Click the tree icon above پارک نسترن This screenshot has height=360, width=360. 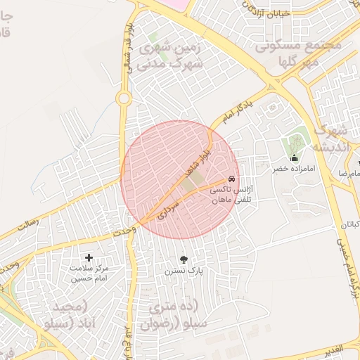pos(184,259)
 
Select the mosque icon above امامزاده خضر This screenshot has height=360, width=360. pos(294,158)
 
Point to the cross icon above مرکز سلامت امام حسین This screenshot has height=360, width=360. pos(89,257)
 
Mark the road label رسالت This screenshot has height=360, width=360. pos(28,226)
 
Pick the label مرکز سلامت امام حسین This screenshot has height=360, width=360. pos(88,274)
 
